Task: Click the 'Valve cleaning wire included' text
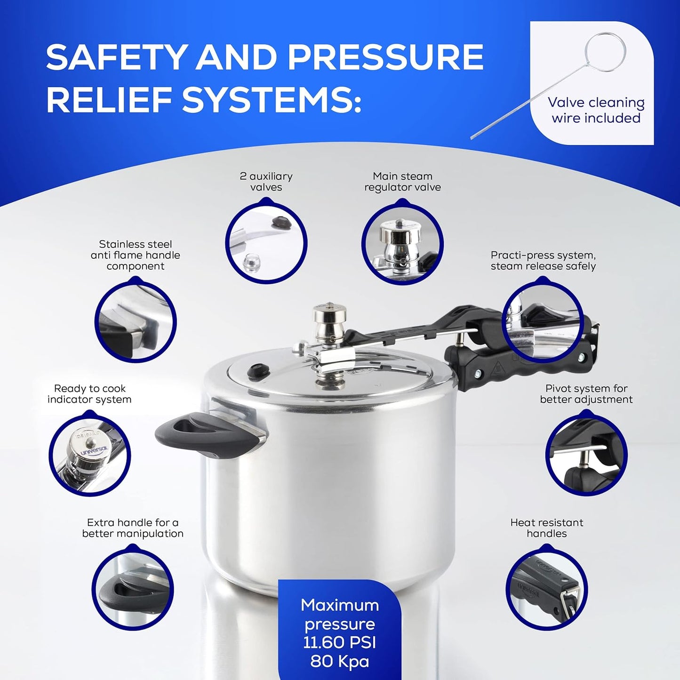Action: (596, 110)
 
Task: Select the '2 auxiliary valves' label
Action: (266, 182)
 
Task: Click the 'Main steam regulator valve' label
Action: (402, 182)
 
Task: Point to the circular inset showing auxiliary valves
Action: (266, 242)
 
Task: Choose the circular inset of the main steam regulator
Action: (402, 242)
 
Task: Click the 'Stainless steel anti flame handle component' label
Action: (136, 255)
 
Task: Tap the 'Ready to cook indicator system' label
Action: (89, 394)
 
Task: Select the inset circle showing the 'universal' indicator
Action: (89, 454)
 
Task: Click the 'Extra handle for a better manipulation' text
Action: (133, 528)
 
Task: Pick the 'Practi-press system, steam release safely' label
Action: (543, 261)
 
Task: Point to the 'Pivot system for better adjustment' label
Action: (586, 394)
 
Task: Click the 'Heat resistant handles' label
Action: (547, 528)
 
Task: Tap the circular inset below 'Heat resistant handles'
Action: (547, 588)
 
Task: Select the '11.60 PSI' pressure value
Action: (340, 643)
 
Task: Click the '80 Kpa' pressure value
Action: (340, 662)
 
